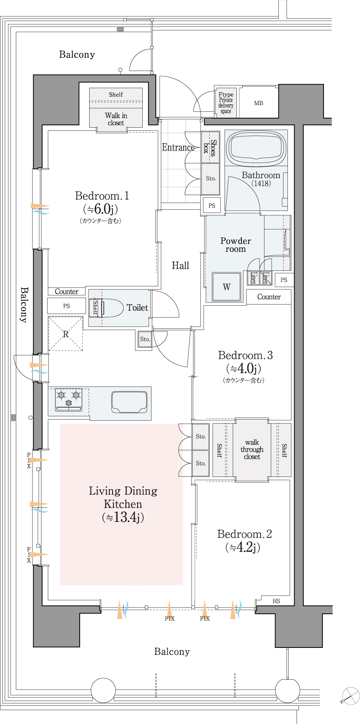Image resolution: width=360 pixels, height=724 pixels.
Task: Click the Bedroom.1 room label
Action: pyautogui.click(x=102, y=196)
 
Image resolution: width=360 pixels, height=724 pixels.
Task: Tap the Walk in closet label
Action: pyautogui.click(x=116, y=119)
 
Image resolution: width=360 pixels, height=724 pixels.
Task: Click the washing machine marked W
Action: pyautogui.click(x=226, y=287)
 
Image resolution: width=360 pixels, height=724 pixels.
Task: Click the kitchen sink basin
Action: pyautogui.click(x=129, y=402)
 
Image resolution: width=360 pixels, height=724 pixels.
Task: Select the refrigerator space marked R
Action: pyautogui.click(x=65, y=333)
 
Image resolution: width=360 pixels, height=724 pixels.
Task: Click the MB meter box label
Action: pyautogui.click(x=259, y=103)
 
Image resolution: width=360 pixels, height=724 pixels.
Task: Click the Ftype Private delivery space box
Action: pyautogui.click(x=226, y=103)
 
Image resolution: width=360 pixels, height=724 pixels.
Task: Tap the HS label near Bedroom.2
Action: pyautogui.click(x=276, y=601)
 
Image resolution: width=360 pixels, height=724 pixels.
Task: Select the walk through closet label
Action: pyautogui.click(x=252, y=449)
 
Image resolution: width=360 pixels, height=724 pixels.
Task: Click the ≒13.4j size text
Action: pyautogui.click(x=123, y=517)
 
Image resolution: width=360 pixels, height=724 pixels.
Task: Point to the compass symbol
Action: pyautogui.click(x=350, y=695)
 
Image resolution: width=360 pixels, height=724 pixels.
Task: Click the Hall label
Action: pyautogui.click(x=180, y=266)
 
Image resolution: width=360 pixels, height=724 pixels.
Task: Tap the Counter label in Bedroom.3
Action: pyautogui.click(x=269, y=297)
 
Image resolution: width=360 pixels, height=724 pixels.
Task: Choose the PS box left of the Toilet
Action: pyautogui.click(x=67, y=306)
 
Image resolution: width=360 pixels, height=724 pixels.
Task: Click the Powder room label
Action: pyautogui.click(x=236, y=245)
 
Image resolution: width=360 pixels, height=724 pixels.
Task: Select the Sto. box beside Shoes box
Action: pyautogui.click(x=211, y=179)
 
